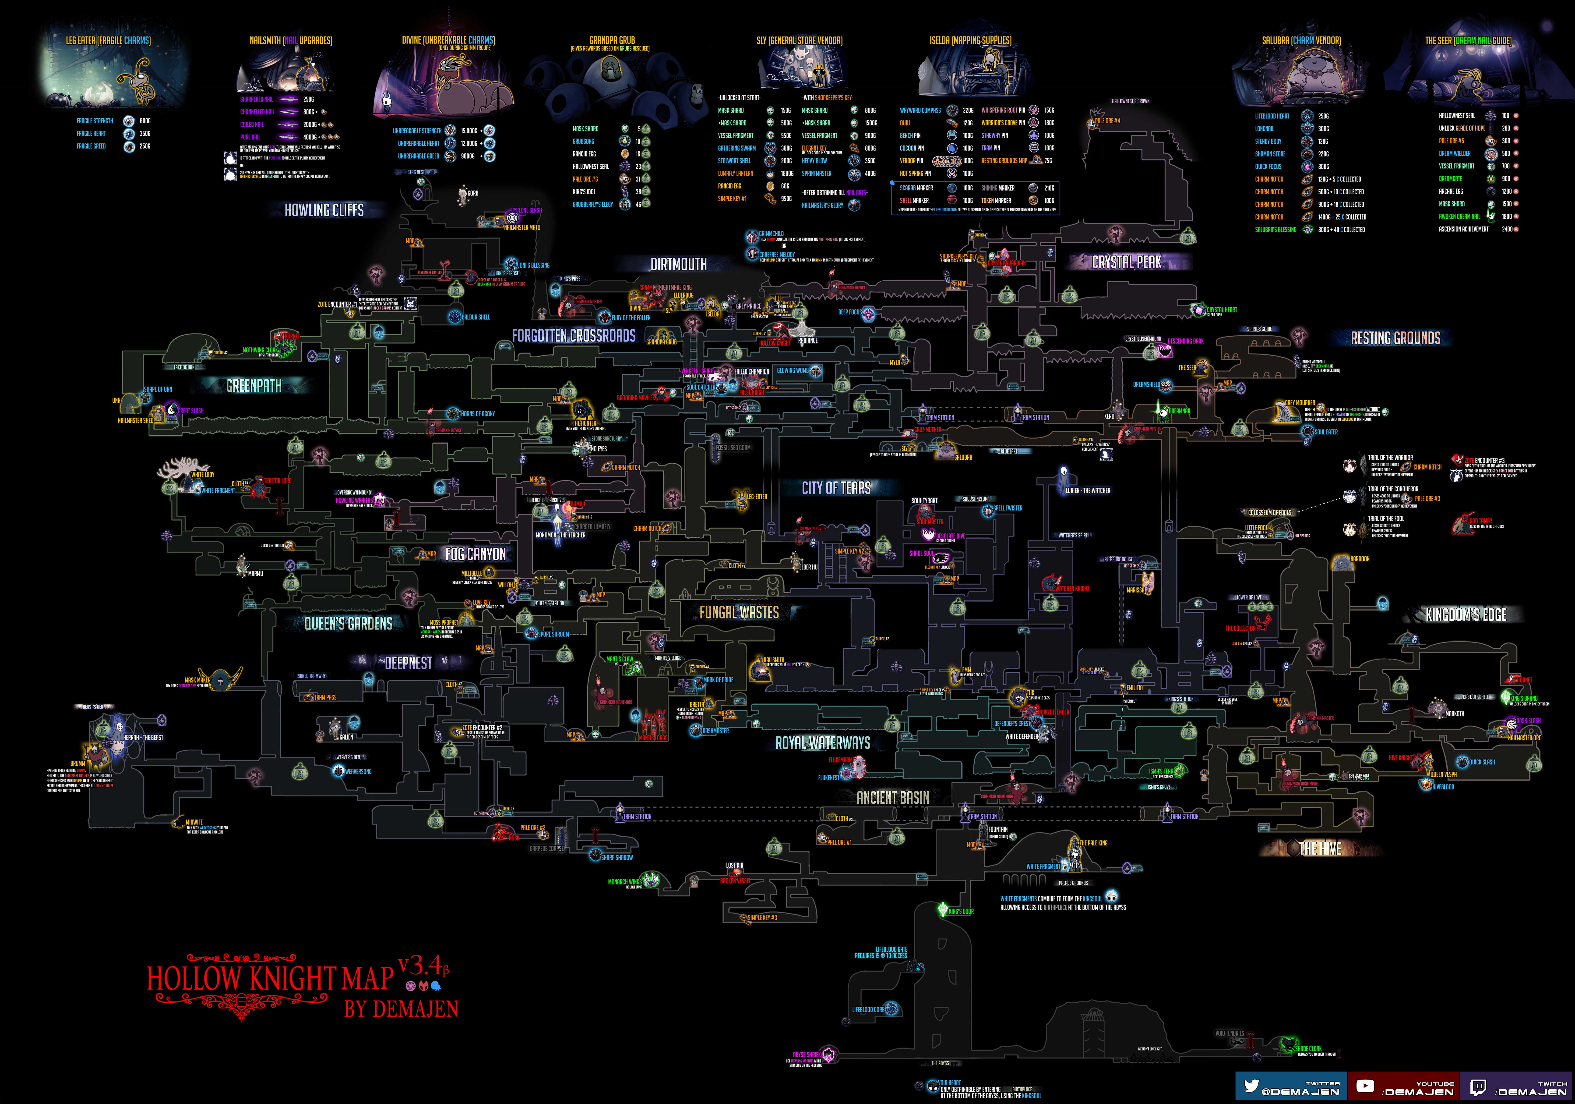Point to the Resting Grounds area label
pyautogui.click(x=1395, y=337)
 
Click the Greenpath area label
pyautogui.click(x=254, y=386)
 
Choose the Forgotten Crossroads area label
pyautogui.click(x=574, y=336)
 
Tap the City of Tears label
pyautogui.click(x=836, y=488)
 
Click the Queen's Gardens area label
pyautogui.click(x=349, y=623)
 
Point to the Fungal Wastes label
pyautogui.click(x=739, y=612)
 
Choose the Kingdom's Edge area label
pyautogui.click(x=1466, y=615)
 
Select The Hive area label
pyautogui.click(x=1320, y=849)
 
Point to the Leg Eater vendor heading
pyautogui.click(x=108, y=40)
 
